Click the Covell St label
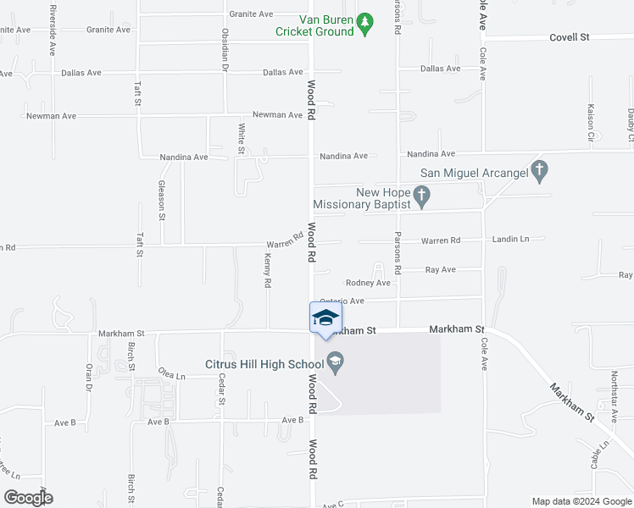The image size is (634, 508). pos(569,37)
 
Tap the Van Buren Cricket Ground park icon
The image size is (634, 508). pos(365,25)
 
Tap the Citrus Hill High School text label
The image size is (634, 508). pos(264,365)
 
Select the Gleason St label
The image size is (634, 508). pos(161,200)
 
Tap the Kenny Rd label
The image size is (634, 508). pos(267,270)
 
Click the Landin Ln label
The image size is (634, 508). pos(510,240)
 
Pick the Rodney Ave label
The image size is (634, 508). pos(368,283)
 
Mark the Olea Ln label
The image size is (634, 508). pos(171,373)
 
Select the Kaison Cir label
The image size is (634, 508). pos(591,123)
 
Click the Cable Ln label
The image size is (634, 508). pos(599,456)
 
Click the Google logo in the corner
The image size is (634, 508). pos(27,497)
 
